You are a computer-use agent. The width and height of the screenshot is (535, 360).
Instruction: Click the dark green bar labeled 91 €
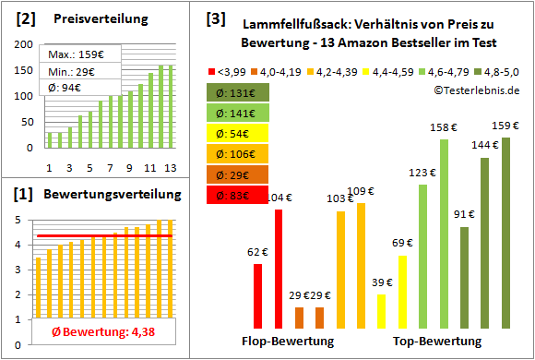point(464,277)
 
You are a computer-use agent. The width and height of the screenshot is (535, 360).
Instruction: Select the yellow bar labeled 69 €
point(402,292)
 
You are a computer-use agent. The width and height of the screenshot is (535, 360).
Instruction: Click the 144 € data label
point(484,145)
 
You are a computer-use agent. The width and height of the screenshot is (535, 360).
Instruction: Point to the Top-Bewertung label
point(436,341)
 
